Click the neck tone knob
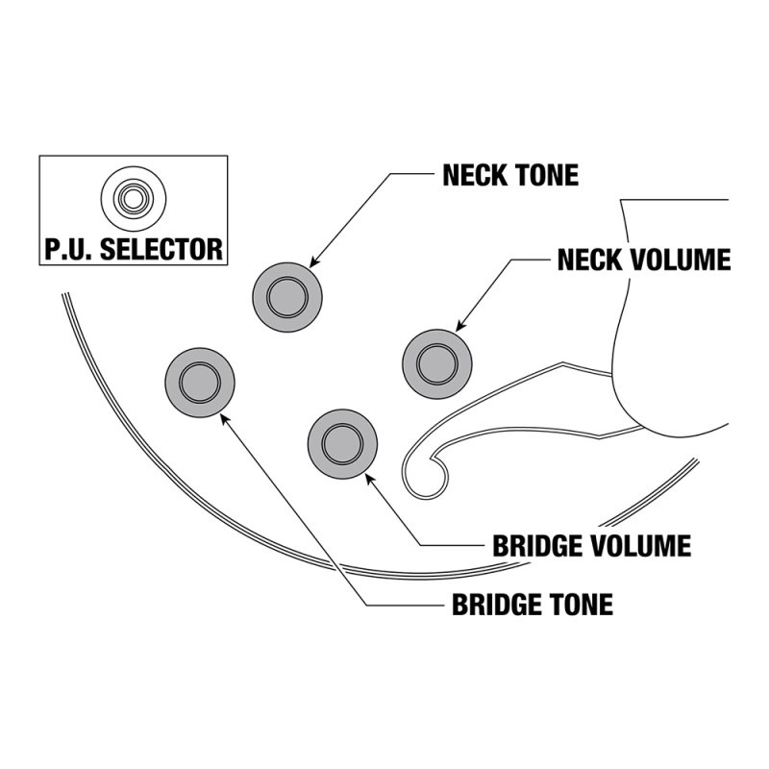coord(286,296)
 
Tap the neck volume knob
coord(437,361)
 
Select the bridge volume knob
coord(342,443)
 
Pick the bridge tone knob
coord(201,383)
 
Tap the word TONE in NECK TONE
coord(547,176)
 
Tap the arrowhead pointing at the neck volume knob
coord(459,330)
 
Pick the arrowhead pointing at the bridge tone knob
coord(224,416)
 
